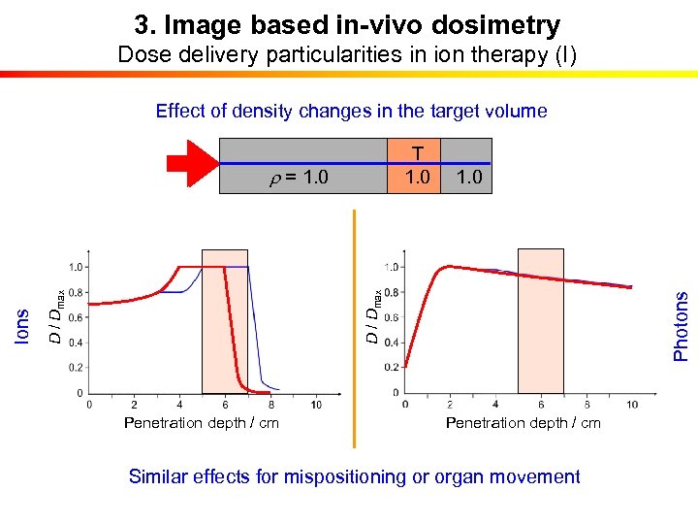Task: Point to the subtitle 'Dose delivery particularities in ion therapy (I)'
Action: point(347,54)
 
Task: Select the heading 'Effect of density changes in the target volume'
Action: point(351,111)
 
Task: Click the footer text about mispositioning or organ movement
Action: point(354,476)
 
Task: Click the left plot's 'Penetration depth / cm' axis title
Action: point(202,423)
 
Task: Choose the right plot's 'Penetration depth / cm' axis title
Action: point(523,423)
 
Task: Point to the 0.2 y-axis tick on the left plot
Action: point(74,368)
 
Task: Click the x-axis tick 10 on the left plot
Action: point(317,404)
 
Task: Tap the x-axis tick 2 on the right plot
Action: point(450,404)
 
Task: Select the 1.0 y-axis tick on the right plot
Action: point(391,267)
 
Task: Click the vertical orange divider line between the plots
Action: point(354,330)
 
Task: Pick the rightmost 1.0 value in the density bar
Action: point(467,178)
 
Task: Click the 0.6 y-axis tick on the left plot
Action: point(74,317)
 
